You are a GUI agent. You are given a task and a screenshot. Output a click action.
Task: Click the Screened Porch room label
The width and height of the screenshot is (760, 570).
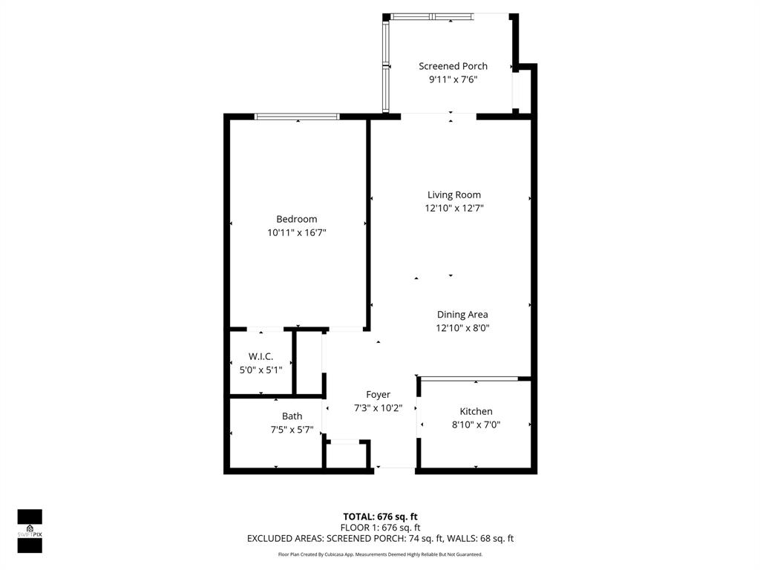coord(453,66)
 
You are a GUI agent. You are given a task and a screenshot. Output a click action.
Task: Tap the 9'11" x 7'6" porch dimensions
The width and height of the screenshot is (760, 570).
coord(453,79)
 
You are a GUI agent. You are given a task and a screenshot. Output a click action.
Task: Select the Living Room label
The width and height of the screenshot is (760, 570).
coord(454,195)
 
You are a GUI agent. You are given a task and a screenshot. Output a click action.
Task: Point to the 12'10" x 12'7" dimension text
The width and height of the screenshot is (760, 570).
coord(454,209)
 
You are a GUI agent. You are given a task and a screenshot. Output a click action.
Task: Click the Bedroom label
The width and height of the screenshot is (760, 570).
coord(296,219)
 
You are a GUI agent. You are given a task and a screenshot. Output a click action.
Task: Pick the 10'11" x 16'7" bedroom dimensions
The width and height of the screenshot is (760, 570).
coord(296,232)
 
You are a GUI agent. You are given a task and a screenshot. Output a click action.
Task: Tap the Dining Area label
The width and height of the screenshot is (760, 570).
coord(462,314)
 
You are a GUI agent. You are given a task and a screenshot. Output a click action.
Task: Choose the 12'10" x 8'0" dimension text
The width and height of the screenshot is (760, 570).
coord(462,327)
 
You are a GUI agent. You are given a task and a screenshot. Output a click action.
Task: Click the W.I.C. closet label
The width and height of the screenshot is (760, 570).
coord(261,356)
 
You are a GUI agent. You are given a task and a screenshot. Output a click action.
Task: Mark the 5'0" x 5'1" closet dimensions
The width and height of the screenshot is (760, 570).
coord(261,369)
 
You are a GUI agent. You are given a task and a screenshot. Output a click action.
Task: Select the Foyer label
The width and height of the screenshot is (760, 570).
coord(378,394)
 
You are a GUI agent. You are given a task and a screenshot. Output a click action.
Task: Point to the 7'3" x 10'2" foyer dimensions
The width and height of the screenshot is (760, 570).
coord(378,407)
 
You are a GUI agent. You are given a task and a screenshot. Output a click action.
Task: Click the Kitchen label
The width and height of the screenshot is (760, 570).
coord(476,411)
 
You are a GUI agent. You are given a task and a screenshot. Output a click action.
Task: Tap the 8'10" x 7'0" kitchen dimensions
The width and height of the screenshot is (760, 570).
coord(476,425)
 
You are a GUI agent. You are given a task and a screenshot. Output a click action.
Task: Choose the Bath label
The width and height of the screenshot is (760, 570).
coord(292,416)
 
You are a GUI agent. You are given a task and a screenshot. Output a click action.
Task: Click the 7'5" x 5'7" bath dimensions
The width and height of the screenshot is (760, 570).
coord(292,429)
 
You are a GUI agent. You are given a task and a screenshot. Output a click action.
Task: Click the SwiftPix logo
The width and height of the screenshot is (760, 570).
coord(30,531)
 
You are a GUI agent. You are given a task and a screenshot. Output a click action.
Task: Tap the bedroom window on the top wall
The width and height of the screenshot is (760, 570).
coord(297,117)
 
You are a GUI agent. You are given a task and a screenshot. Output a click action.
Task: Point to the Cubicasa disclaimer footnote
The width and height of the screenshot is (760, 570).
coord(380,554)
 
